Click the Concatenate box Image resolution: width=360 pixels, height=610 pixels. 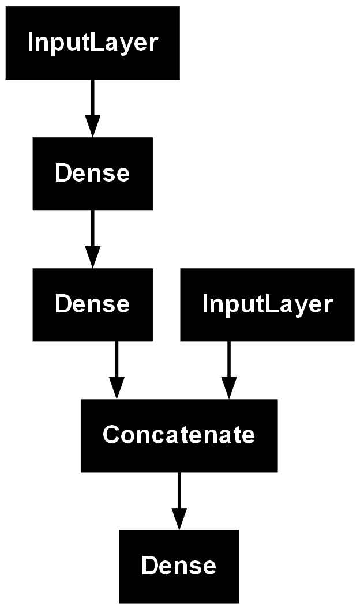pos(179,435)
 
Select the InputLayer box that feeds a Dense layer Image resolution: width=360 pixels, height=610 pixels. pos(92,43)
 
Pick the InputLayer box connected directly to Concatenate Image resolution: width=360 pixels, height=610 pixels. pos(267,304)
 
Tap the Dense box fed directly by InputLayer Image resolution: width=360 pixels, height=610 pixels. pos(92,173)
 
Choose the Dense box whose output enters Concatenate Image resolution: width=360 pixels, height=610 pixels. pos(92,304)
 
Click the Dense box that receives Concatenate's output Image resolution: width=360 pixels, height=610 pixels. pos(179,566)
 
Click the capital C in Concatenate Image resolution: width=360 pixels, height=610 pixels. pos(110,435)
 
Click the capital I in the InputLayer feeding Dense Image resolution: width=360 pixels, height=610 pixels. pos(30,43)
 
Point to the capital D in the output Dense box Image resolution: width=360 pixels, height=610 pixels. pos(148,566)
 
